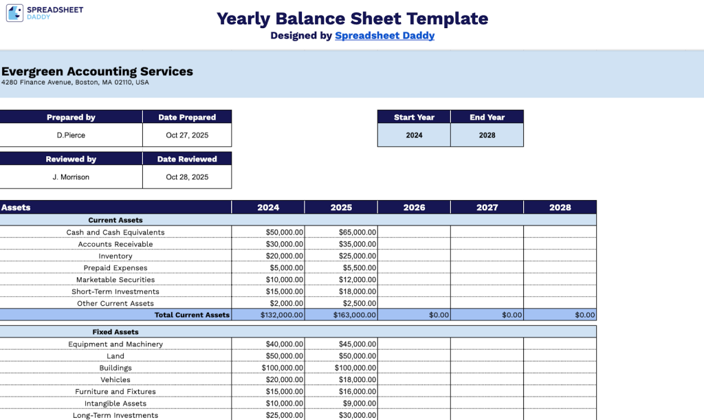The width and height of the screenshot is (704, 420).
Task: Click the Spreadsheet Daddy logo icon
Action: (15, 12)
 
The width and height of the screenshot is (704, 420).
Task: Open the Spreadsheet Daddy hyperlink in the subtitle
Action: (384, 36)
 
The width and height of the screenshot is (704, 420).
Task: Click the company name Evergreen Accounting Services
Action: (97, 71)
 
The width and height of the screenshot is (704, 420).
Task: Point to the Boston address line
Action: (75, 82)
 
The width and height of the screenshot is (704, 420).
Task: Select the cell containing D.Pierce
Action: (71, 135)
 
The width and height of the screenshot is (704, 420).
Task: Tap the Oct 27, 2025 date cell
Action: (187, 135)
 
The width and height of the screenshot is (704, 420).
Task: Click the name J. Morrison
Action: (71, 177)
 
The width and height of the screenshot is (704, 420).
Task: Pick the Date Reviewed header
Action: (187, 159)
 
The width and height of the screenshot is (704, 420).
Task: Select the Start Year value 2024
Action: (414, 135)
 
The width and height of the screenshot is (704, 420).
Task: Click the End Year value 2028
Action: (487, 135)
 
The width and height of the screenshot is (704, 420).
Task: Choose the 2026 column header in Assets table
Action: (414, 207)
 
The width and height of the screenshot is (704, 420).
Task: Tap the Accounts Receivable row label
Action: (115, 244)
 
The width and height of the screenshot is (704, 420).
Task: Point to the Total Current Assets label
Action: (192, 315)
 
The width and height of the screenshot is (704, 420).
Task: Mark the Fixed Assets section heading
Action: (115, 332)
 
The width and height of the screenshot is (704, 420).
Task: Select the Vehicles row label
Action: (115, 379)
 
